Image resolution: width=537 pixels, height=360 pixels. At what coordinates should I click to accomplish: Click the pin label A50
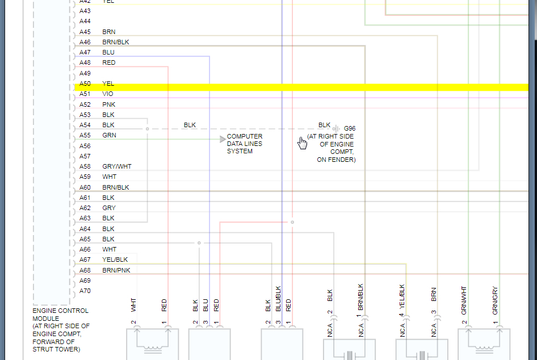point(85,83)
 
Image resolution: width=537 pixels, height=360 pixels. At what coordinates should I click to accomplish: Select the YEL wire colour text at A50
point(108,83)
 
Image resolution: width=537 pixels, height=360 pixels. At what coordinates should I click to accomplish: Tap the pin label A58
point(85,166)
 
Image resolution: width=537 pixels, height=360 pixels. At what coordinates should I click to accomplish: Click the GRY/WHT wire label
point(117,166)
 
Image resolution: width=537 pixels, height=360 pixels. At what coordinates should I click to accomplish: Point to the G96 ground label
point(350,129)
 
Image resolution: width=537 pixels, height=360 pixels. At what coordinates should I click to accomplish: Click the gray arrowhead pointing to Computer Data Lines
point(223,139)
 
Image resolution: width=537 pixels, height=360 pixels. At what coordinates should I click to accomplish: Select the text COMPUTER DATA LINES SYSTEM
point(245,144)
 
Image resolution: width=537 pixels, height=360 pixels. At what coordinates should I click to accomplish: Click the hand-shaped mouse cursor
point(303,143)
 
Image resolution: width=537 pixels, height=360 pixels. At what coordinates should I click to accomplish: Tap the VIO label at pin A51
point(107,94)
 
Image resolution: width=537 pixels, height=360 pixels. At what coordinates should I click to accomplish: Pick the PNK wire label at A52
point(108,104)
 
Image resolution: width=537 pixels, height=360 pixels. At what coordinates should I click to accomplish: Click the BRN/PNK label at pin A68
point(116,270)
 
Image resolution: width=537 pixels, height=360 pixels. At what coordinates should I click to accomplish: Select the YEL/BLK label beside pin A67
point(115,259)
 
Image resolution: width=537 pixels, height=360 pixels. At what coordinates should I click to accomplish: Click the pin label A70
point(85,291)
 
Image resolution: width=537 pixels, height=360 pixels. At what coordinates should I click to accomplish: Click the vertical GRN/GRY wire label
point(496,301)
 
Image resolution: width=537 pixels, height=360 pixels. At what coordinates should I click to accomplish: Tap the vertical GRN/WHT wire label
point(464,300)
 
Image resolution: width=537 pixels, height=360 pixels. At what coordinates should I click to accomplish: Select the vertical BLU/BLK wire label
point(278,299)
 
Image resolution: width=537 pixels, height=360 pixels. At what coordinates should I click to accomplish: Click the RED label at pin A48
point(108,62)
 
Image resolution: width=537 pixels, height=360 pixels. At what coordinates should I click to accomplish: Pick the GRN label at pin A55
point(109,135)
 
